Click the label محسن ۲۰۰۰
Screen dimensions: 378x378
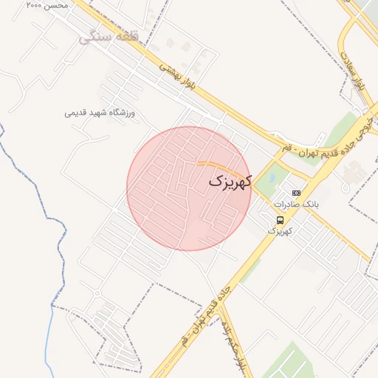click(46, 5)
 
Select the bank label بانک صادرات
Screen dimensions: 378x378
click(296, 204)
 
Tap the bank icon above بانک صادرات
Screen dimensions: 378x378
click(296, 193)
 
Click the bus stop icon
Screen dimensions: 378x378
click(279, 220)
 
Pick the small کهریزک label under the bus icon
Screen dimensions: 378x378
click(279, 231)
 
